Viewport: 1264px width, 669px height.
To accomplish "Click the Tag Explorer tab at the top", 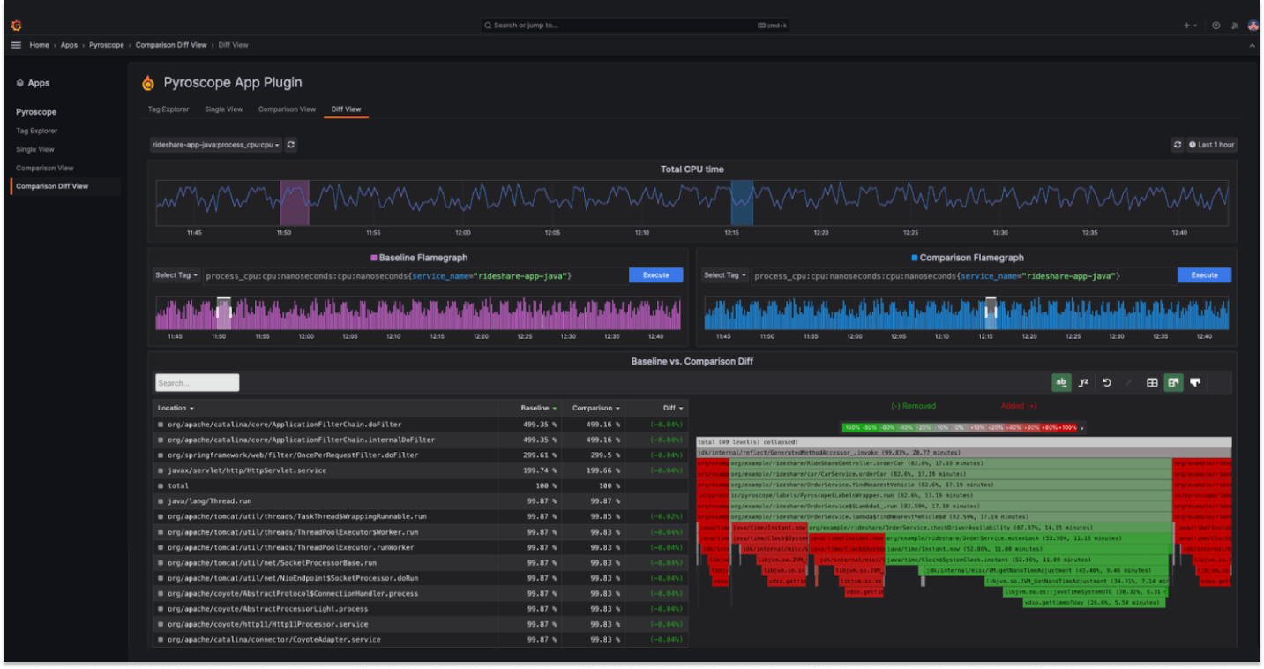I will click(x=168, y=109).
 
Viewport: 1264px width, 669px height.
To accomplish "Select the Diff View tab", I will click(x=346, y=109).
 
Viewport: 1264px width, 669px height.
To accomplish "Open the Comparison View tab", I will click(x=287, y=109).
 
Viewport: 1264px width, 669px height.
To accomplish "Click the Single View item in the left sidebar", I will click(x=35, y=149).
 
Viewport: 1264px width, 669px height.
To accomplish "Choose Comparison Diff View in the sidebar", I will click(x=52, y=186).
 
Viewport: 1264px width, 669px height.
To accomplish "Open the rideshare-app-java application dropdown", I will click(x=216, y=145).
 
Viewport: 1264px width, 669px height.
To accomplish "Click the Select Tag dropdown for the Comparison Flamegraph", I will click(x=725, y=275).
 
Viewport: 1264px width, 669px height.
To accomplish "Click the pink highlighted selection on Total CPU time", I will click(x=295, y=203).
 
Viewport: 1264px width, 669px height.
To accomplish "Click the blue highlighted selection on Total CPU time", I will click(x=742, y=203).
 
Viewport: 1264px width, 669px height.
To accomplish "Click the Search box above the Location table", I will click(x=197, y=383).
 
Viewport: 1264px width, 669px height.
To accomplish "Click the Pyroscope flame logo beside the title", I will click(x=148, y=83).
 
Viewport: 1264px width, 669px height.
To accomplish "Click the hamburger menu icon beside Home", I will click(x=16, y=45).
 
